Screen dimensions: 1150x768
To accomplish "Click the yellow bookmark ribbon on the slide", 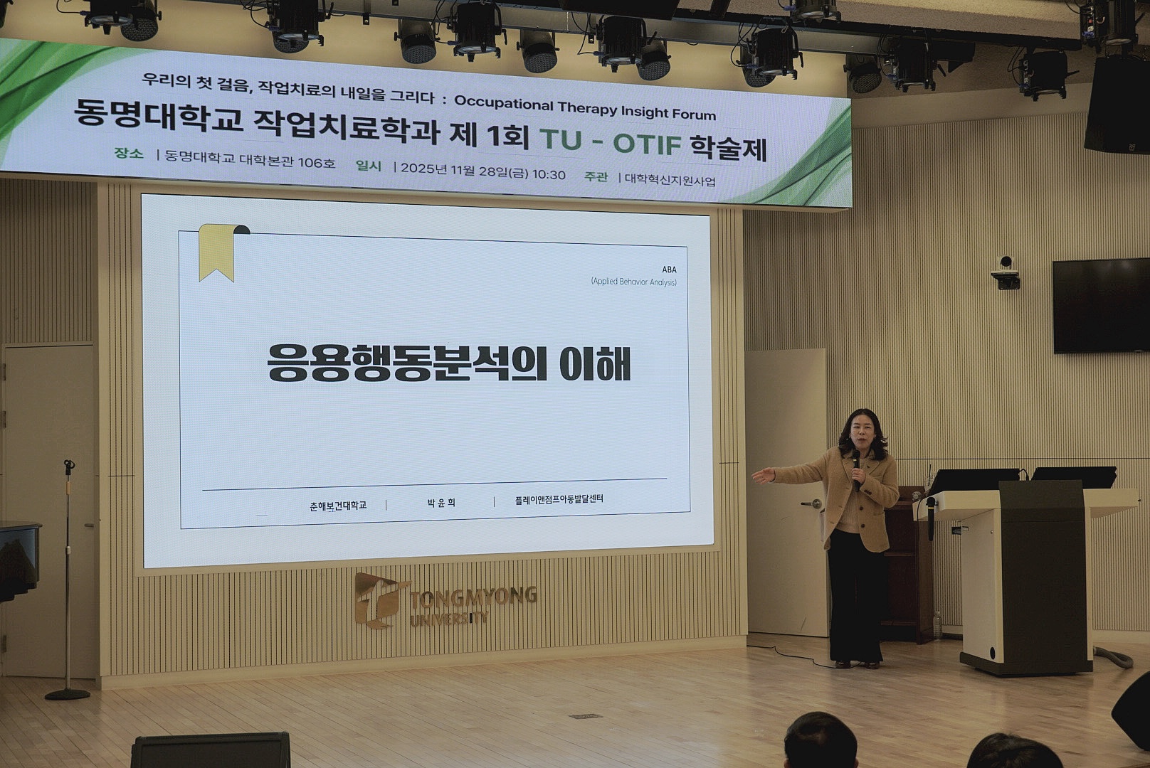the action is (x=217, y=252).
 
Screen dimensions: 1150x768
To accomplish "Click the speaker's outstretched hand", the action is (x=764, y=476).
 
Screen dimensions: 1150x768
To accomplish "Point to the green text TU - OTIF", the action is (x=611, y=143).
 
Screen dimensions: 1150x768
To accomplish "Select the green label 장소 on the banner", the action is (x=129, y=154).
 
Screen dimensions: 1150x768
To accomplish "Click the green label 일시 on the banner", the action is (x=369, y=166).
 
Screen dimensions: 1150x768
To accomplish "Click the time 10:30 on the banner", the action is (x=548, y=174).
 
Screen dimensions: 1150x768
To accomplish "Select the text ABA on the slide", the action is (x=669, y=270).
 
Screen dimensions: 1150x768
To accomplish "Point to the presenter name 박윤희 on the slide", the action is (x=441, y=503).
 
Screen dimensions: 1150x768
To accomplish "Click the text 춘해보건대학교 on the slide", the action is (x=338, y=506).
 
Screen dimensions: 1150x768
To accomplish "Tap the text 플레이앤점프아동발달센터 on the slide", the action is (x=559, y=499).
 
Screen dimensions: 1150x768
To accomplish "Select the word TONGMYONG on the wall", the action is (x=473, y=597).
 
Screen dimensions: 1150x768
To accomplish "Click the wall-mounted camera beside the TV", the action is (x=1006, y=272).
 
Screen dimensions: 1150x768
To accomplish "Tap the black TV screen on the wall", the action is (x=1101, y=306).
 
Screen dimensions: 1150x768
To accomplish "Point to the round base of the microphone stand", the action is (x=68, y=695).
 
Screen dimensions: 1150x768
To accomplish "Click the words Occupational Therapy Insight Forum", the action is (x=585, y=107).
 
